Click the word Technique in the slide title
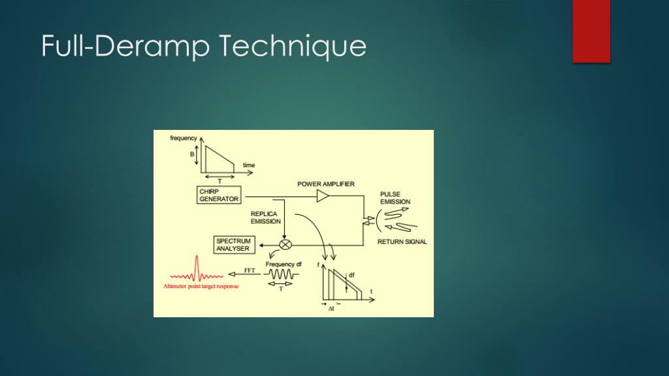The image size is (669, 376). (x=292, y=47)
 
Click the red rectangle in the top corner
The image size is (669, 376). (x=591, y=31)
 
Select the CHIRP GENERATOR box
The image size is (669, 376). (x=219, y=195)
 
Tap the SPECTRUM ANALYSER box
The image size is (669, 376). (x=233, y=245)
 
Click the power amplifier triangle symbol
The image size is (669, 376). (x=323, y=196)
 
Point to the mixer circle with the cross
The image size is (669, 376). (x=286, y=244)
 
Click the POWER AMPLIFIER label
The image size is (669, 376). (x=326, y=184)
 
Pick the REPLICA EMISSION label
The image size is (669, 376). (x=264, y=217)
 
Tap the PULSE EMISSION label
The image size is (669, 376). (x=395, y=198)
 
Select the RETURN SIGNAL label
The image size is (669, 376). (x=402, y=242)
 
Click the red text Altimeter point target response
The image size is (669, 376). (x=201, y=287)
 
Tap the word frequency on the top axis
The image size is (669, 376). (x=184, y=138)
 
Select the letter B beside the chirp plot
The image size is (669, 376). (x=192, y=155)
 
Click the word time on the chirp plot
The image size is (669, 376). (x=249, y=165)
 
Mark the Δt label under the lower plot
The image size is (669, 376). (x=331, y=307)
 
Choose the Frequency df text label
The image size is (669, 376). (x=284, y=264)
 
